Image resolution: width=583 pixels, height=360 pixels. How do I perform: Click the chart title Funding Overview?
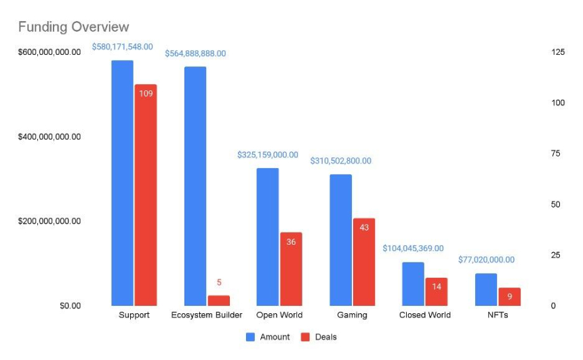73,27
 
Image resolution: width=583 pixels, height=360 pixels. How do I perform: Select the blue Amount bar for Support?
122,183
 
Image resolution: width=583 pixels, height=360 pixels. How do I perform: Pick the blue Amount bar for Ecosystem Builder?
195,186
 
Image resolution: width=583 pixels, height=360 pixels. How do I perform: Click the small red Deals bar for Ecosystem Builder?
219,300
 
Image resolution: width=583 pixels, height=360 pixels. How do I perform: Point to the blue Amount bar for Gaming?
341,240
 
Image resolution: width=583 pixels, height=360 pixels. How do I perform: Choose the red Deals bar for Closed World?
437,292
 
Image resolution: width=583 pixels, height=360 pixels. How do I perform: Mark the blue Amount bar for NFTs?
486,289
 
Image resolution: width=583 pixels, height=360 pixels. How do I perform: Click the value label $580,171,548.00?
123,47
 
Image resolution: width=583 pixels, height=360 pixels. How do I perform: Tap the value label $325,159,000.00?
268,155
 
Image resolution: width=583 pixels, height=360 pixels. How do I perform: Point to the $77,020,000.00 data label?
486,260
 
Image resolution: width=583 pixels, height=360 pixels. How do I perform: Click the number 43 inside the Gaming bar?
364,227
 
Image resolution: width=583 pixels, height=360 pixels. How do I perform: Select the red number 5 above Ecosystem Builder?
219,282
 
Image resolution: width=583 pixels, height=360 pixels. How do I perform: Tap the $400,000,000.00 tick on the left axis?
49,137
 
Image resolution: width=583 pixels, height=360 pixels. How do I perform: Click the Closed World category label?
425,315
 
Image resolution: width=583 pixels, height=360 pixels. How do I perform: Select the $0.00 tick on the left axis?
70,306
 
